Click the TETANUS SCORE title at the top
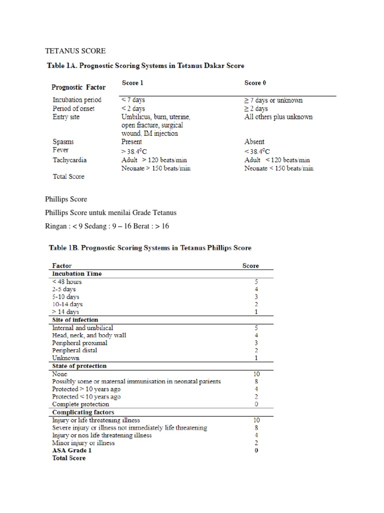click(75, 51)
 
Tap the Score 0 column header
click(255, 83)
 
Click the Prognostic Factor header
click(79, 87)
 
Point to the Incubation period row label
click(77, 100)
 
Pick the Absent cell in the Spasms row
click(254, 142)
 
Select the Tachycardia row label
click(69, 160)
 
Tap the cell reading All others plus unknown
click(278, 117)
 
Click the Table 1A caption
click(145, 66)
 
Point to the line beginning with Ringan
click(107, 226)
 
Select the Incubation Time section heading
click(77, 274)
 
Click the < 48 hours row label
click(67, 282)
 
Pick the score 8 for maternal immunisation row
click(256, 381)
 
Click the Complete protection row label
click(80, 404)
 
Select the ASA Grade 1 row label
click(72, 450)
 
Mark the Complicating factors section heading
click(83, 412)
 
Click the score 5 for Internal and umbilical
click(256, 328)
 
